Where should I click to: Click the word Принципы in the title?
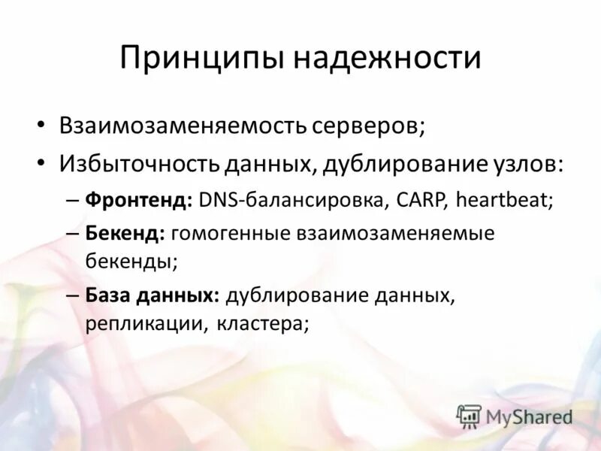click(201, 59)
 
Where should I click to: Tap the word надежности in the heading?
click(386, 59)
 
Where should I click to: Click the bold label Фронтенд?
click(139, 201)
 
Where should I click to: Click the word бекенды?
click(131, 262)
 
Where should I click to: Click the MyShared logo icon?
click(469, 416)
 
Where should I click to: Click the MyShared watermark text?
click(529, 416)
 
